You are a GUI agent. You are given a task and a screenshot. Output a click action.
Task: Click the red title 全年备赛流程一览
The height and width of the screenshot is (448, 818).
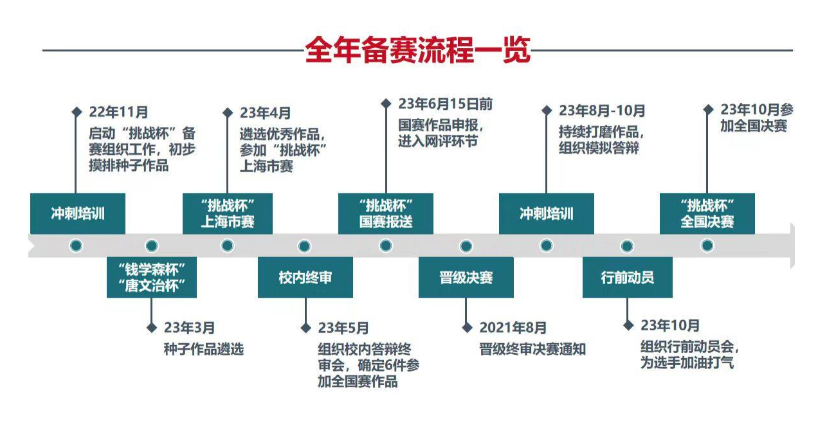[x=417, y=50]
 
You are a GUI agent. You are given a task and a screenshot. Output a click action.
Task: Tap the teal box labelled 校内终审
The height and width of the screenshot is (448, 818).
[x=305, y=278]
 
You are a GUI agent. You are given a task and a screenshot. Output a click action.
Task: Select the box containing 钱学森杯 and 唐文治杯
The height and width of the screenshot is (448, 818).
[x=152, y=278]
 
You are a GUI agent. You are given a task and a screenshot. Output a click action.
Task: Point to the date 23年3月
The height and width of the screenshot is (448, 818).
[x=188, y=328]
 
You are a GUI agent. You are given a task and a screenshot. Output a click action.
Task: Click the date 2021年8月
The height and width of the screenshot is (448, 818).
[x=513, y=328]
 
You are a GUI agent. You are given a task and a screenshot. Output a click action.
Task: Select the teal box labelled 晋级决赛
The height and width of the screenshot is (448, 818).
[x=466, y=278]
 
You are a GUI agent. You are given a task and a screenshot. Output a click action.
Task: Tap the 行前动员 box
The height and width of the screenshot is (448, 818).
[x=627, y=278]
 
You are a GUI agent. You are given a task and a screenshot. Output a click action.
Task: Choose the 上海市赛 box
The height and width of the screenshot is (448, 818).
[x=228, y=214]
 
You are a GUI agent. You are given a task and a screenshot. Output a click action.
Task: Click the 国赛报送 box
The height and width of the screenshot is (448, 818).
[x=386, y=214]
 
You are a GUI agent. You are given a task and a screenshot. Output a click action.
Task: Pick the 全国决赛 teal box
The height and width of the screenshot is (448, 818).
[x=707, y=214]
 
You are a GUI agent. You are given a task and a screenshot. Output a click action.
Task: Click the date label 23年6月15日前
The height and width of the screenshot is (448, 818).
[x=445, y=104]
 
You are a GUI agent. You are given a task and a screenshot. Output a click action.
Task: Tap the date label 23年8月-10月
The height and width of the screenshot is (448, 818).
[x=602, y=111]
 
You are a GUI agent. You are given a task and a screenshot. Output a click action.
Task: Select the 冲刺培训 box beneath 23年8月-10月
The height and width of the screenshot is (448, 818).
[x=546, y=214]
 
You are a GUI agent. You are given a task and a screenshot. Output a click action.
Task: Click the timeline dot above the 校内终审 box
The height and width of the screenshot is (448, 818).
[x=305, y=246]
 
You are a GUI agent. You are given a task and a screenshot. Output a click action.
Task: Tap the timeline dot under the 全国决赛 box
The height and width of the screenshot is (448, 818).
[x=707, y=246]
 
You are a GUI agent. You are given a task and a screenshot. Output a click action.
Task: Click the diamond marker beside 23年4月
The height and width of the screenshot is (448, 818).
[x=228, y=112]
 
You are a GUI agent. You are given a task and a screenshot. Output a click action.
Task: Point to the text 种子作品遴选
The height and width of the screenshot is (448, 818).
[x=204, y=350]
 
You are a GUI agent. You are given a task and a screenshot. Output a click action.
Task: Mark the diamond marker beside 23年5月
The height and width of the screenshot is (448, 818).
[x=306, y=328]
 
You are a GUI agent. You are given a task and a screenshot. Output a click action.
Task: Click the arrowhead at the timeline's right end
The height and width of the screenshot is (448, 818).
[x=792, y=246]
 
